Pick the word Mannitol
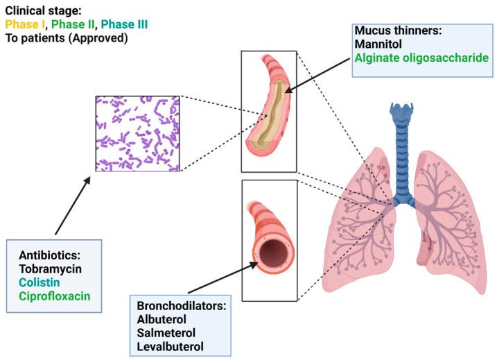point(376,45)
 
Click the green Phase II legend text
point(74,25)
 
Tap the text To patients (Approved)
point(56,38)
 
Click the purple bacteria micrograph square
point(137,133)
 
